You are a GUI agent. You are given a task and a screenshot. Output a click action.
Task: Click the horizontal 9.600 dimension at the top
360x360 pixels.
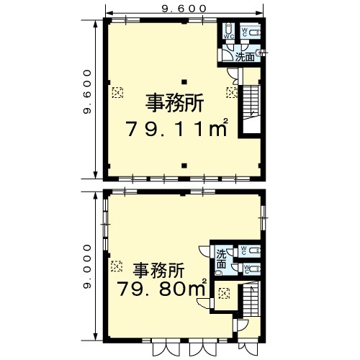184,9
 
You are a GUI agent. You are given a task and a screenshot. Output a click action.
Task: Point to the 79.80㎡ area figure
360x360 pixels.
162,288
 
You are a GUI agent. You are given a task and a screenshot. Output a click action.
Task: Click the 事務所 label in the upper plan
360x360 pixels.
175,103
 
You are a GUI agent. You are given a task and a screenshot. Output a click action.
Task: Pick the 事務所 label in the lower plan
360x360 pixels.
159,270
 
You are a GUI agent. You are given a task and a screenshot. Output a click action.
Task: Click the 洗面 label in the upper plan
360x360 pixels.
245,57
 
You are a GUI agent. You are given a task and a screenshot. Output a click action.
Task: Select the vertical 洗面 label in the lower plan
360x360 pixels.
221,258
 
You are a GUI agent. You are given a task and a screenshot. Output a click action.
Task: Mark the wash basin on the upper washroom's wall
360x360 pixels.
259,52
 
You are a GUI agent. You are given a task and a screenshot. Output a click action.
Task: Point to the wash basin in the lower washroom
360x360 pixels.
218,273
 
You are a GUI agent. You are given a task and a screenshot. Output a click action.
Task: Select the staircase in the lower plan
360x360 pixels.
251,299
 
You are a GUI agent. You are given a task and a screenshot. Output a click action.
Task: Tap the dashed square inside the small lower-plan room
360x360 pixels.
224,293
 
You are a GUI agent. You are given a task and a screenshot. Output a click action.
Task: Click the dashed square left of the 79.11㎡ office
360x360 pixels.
117,92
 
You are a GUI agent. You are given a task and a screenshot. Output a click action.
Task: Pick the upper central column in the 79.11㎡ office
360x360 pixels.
184,82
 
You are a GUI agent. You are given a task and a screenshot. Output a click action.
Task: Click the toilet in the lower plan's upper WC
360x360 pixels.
255,251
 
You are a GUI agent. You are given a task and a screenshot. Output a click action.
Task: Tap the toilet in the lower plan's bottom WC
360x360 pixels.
255,269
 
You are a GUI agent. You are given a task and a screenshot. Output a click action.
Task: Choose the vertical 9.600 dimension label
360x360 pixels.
87,91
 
